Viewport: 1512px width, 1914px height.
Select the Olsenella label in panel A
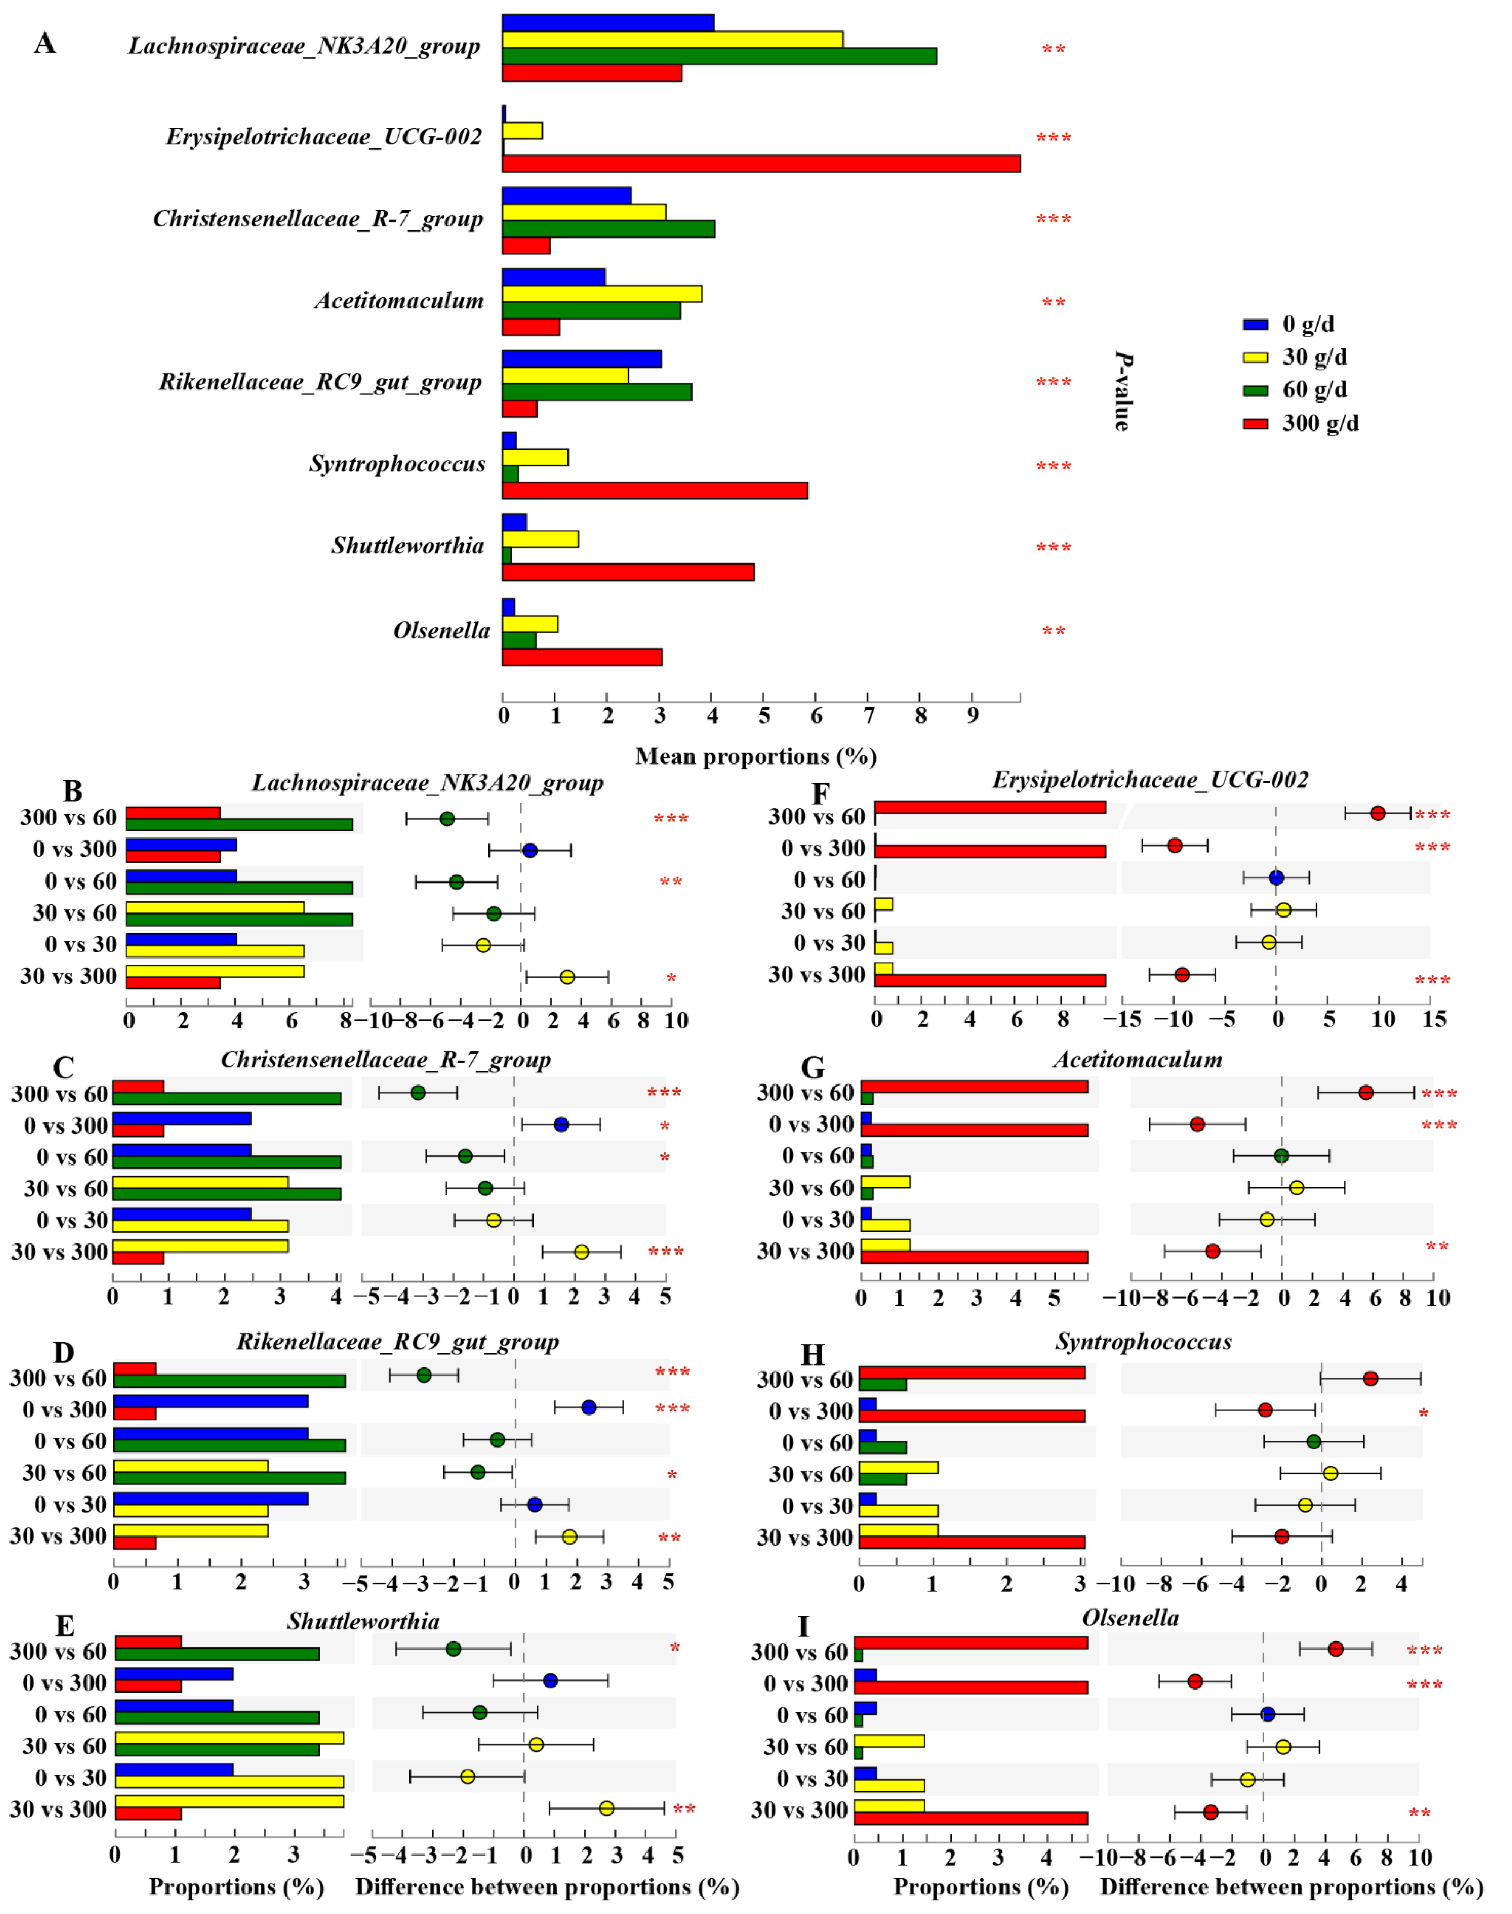click(x=441, y=631)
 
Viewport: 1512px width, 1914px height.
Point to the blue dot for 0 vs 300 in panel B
click(x=529, y=850)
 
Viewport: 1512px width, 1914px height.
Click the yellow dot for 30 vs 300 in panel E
click(x=607, y=1809)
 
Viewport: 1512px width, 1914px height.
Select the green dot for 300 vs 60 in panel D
click(x=424, y=1375)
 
